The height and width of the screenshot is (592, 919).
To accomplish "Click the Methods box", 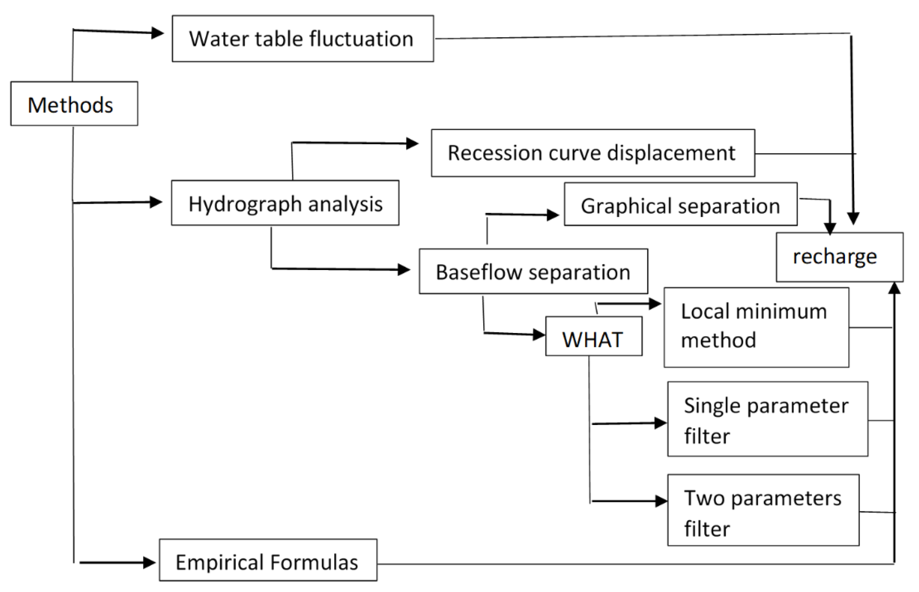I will pyautogui.click(x=74, y=104).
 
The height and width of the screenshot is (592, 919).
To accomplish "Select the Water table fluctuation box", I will pyautogui.click(x=303, y=38).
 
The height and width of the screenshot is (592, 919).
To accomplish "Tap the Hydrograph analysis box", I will pyautogui.click(x=285, y=203).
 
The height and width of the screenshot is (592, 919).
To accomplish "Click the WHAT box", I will pyautogui.click(x=593, y=336).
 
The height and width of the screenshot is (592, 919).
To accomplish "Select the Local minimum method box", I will pyautogui.click(x=756, y=327).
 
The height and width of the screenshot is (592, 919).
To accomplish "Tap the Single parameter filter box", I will pyautogui.click(x=767, y=419).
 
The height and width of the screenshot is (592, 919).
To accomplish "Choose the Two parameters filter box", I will pyautogui.click(x=763, y=510).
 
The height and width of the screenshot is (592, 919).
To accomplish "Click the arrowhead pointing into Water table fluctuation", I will pyautogui.click(x=157, y=33).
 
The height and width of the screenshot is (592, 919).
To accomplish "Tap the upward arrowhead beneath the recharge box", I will pyautogui.click(x=894, y=289).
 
